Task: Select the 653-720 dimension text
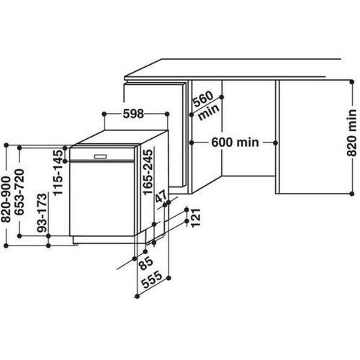tap(27, 194)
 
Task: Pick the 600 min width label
tap(235, 142)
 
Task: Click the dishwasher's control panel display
tap(100, 155)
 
